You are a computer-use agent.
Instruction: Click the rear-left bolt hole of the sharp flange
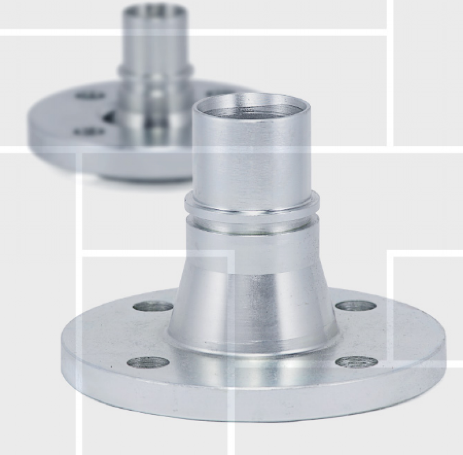tap(153, 306)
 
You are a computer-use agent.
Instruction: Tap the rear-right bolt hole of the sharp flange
tap(356, 305)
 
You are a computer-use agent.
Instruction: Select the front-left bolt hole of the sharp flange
tap(148, 362)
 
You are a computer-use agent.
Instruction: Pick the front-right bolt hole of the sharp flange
tap(357, 361)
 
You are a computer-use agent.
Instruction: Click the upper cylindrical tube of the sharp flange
tap(251, 158)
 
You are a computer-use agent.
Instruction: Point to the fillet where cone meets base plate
tap(253, 346)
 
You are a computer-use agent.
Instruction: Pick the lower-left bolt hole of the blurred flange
tap(89, 132)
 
